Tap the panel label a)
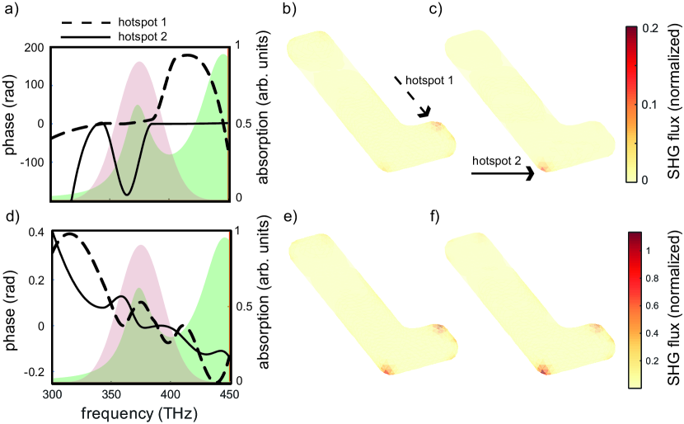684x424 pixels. click(12, 12)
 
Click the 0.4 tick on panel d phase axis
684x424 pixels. click(35, 233)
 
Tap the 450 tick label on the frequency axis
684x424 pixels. click(228, 393)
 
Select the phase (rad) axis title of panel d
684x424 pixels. click(10, 305)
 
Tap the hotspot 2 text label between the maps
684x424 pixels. click(497, 163)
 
